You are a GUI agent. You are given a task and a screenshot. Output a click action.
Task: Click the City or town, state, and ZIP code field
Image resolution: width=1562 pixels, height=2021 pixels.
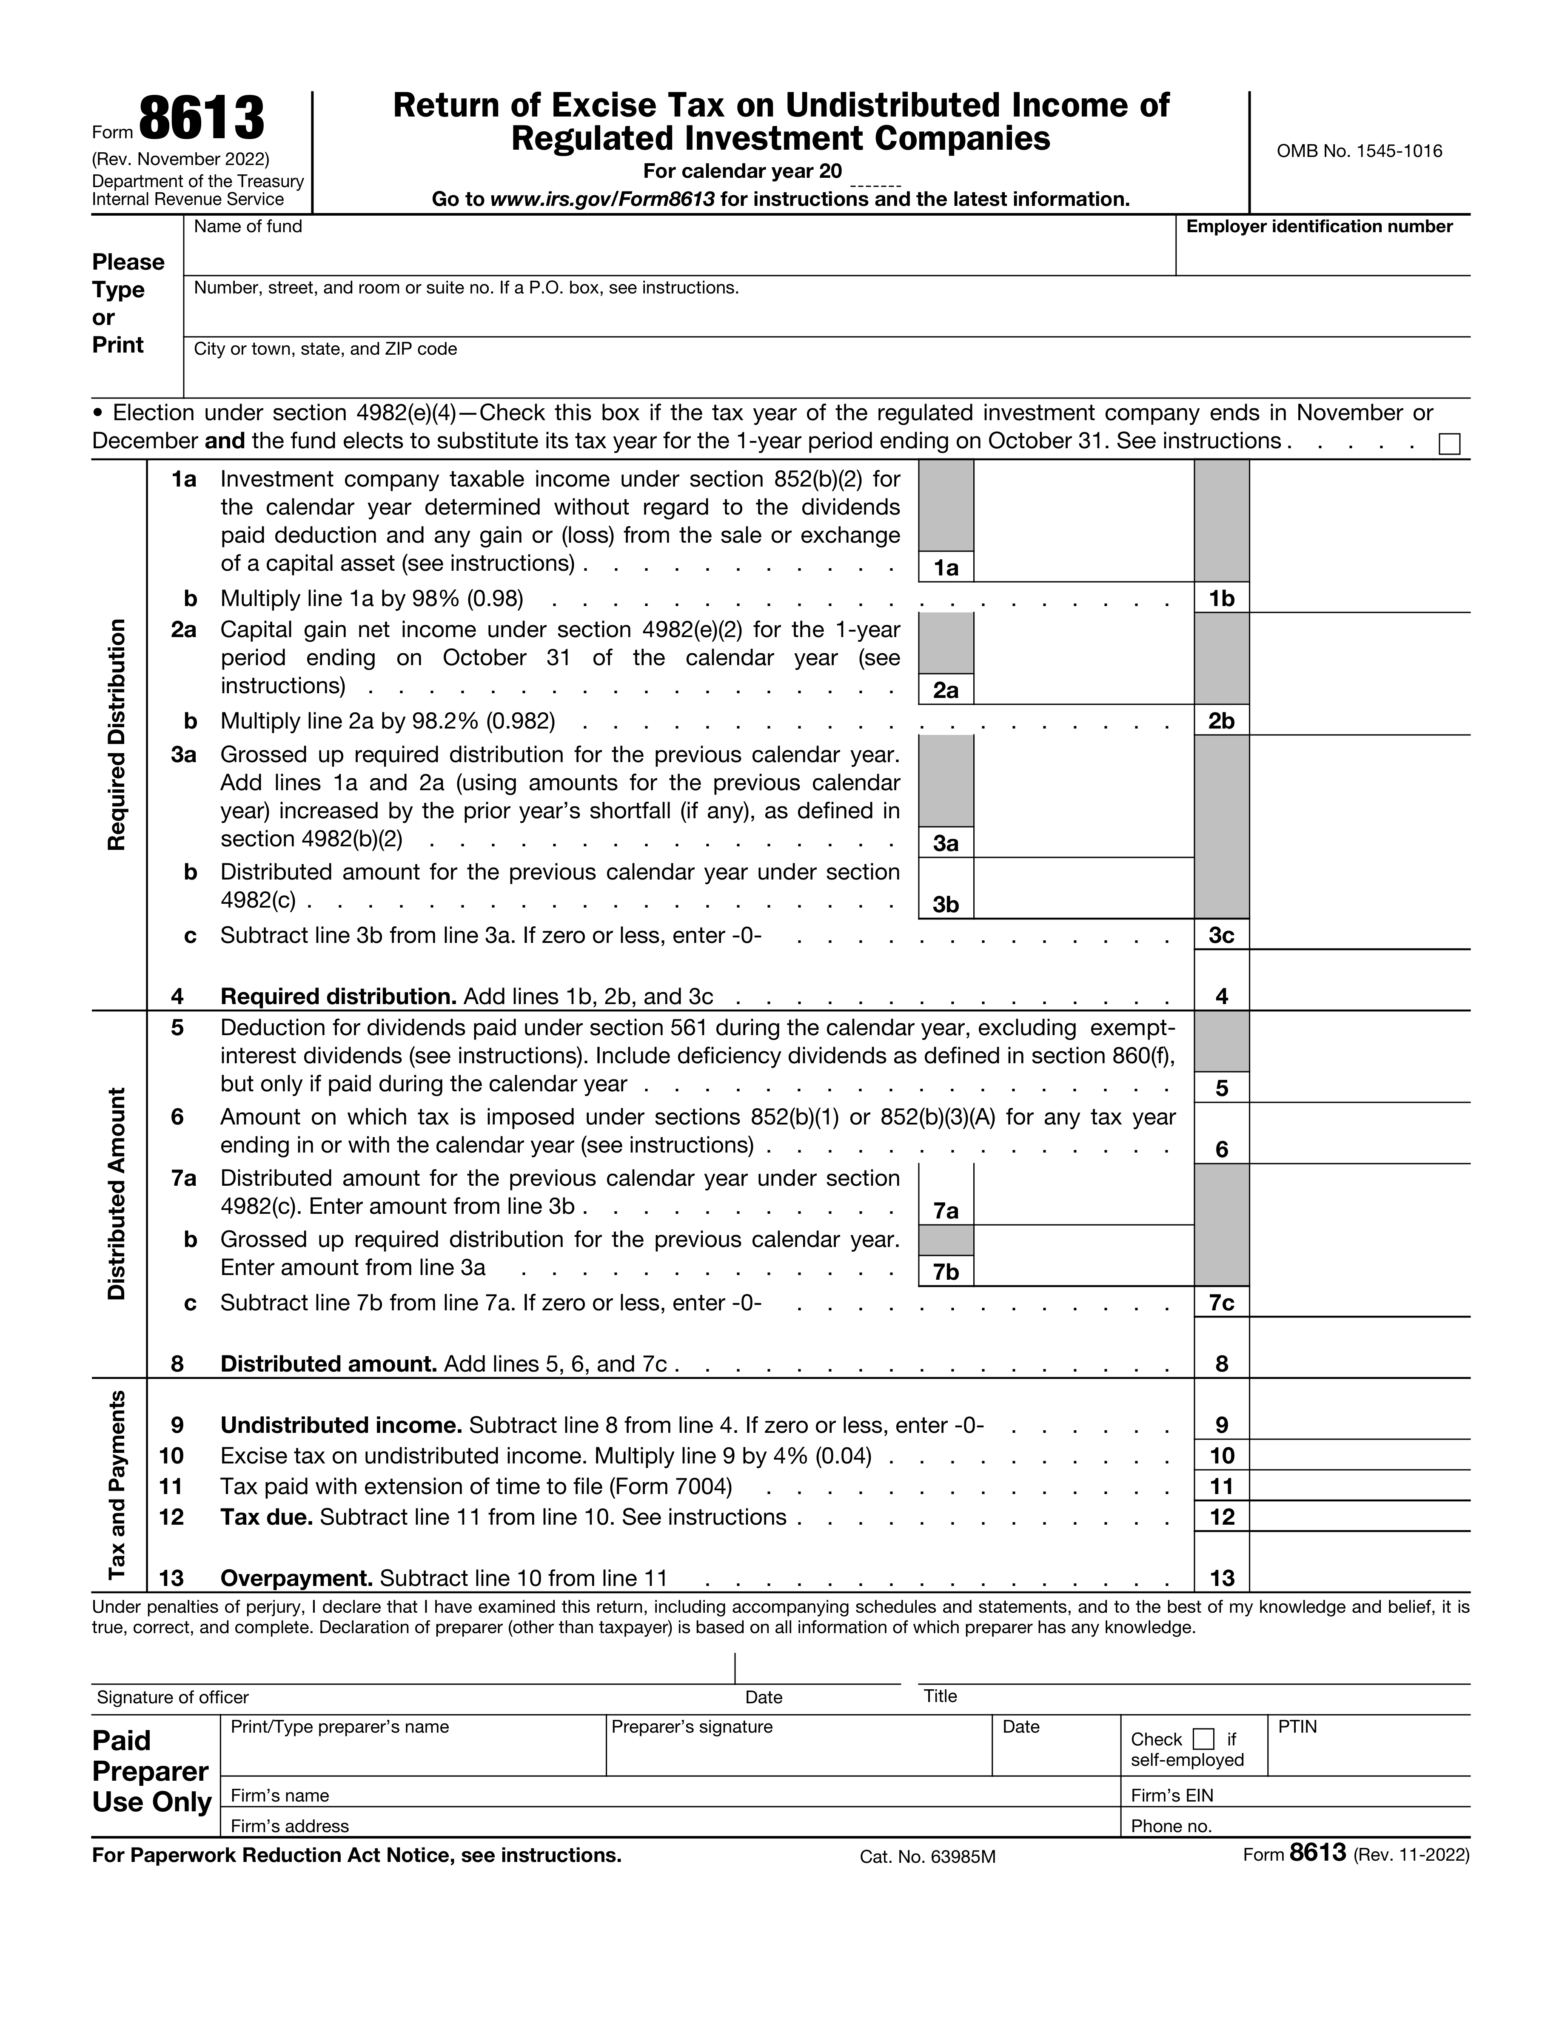827,375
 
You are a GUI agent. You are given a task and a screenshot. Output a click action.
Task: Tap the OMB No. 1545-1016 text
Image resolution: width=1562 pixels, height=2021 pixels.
1358,151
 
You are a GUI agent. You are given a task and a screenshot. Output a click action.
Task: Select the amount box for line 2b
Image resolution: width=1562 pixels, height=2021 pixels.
1358,720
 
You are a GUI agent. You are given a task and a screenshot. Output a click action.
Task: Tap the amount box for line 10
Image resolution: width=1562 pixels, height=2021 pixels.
1358,1456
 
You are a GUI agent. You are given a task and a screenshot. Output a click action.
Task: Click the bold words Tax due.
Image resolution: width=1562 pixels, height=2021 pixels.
267,1517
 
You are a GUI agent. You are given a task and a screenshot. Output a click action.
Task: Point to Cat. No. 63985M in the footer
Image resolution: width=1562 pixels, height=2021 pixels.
927,1856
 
